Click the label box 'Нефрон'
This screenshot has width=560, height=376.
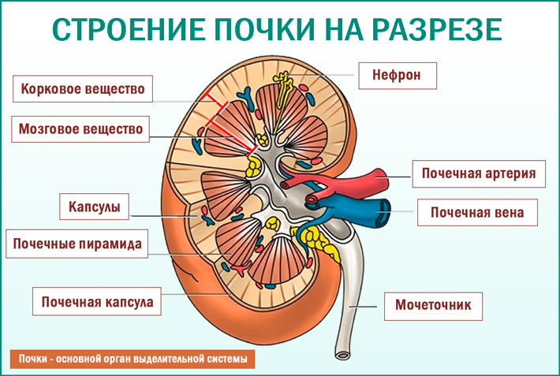[397, 76]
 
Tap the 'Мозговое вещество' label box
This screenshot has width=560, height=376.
[83, 128]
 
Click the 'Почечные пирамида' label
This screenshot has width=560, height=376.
[77, 244]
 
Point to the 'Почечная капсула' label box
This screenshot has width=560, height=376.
[97, 301]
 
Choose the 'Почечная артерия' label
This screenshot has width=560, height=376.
[479, 173]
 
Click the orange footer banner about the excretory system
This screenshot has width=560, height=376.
[133, 359]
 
